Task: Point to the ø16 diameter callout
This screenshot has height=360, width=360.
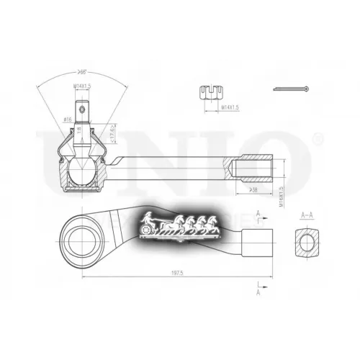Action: pyautogui.click(x=66, y=120)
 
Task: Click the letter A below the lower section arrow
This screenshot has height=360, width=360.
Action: pyautogui.click(x=258, y=293)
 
